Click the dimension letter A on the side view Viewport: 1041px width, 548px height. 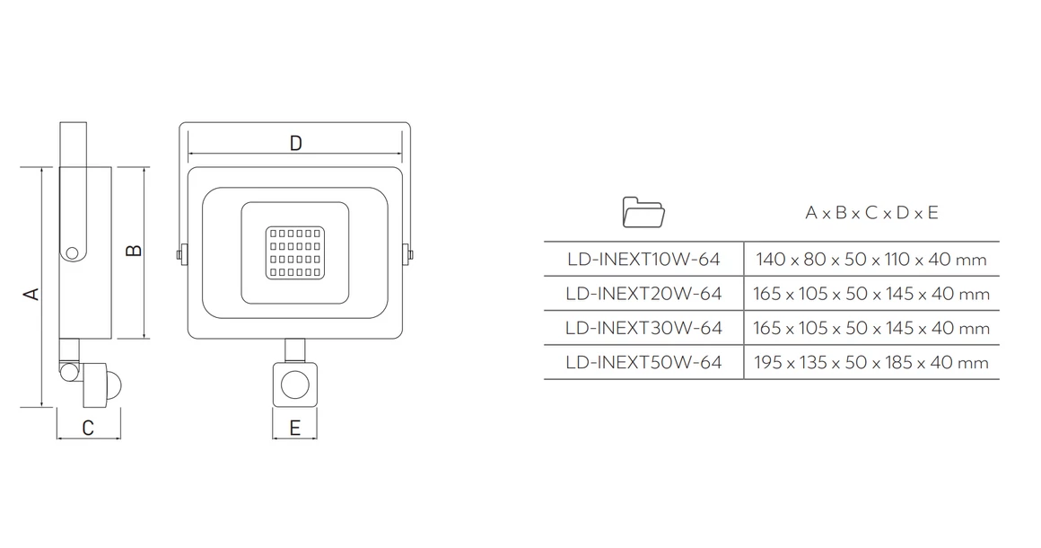click(x=31, y=294)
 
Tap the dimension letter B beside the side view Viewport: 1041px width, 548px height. click(x=134, y=251)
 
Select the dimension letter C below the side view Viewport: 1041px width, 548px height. click(x=88, y=429)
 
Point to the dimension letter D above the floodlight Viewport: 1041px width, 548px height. click(x=296, y=143)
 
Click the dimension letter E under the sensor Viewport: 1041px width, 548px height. click(x=294, y=429)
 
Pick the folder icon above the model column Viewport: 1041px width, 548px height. click(x=643, y=213)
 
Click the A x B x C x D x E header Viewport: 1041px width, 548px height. click(x=871, y=213)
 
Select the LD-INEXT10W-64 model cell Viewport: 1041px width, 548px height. click(x=643, y=259)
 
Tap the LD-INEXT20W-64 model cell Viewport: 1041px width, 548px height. click(x=643, y=294)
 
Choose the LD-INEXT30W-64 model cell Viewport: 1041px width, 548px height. click(x=643, y=328)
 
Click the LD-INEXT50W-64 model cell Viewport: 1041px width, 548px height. click(x=643, y=363)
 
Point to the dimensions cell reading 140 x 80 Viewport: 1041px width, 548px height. click(x=871, y=259)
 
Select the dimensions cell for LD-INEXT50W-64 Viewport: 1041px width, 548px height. click(x=871, y=363)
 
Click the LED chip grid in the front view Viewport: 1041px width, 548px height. click(x=295, y=253)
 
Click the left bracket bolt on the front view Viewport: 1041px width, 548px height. click(x=181, y=253)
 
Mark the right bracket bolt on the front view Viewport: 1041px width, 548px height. click(x=407, y=253)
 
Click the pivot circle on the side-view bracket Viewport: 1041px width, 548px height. click(x=72, y=252)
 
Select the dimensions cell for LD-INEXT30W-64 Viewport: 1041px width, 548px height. click(x=871, y=328)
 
